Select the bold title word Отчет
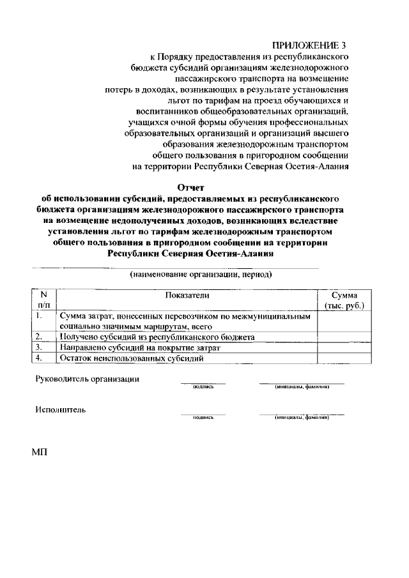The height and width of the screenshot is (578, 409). [x=191, y=187]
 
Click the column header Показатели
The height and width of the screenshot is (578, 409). [x=187, y=295]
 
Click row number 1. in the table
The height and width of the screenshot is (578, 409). [x=40, y=316]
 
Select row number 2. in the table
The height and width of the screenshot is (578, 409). [x=40, y=337]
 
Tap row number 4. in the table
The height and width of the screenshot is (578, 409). [x=40, y=358]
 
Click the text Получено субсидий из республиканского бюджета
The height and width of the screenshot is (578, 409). [x=157, y=337]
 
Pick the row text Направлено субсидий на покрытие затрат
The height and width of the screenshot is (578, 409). [x=140, y=347]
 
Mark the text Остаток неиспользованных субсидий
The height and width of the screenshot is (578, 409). [x=131, y=358]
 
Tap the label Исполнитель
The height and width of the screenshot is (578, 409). [x=61, y=409]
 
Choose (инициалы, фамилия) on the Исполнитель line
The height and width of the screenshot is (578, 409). [x=301, y=417]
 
